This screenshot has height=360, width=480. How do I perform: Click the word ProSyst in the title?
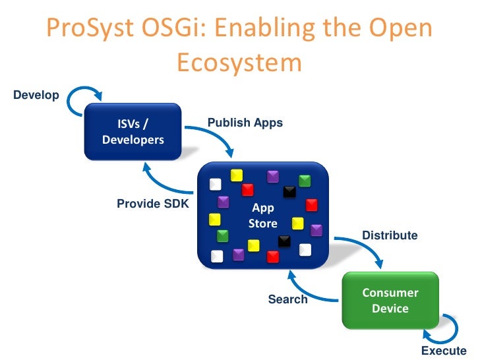click(x=88, y=30)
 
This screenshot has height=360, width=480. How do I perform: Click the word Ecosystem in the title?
click(x=239, y=63)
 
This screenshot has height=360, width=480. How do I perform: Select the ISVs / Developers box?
click(x=133, y=132)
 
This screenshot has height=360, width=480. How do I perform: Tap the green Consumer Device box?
click(x=390, y=301)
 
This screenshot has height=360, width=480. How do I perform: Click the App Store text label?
click(x=263, y=216)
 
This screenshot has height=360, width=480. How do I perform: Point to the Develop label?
click(x=36, y=95)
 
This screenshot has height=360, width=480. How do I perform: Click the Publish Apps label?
click(x=245, y=123)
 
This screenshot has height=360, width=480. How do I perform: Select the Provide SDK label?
click(x=152, y=204)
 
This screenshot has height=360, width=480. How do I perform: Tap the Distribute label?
click(x=390, y=235)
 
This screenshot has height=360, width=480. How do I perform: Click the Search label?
click(x=287, y=299)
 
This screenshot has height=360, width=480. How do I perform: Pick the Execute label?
click(x=443, y=351)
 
